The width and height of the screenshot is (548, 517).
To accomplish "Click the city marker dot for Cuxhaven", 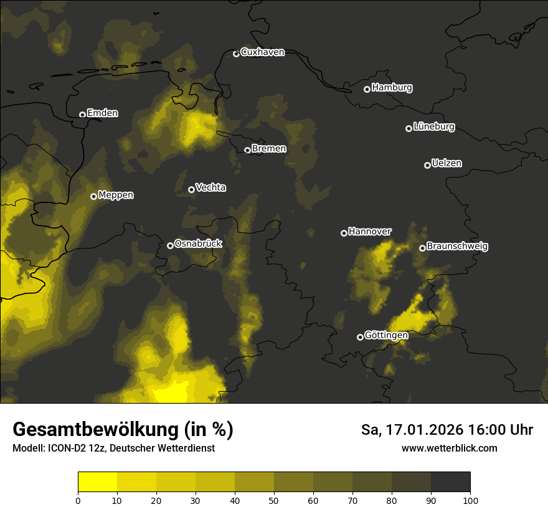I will tap(236, 54).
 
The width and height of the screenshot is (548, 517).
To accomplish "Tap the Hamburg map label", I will tap(392, 88).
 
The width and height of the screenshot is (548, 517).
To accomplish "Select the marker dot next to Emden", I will tap(82, 115).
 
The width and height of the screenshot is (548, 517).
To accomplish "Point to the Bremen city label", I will tap(269, 149).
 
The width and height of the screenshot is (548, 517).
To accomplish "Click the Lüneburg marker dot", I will tap(409, 128).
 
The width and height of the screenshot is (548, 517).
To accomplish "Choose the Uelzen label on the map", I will tap(446, 163).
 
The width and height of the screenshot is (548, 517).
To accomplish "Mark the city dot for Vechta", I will tap(191, 189).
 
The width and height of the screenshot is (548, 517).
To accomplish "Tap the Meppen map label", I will tap(116, 195).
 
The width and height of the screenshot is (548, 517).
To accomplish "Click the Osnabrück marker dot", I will tap(170, 245).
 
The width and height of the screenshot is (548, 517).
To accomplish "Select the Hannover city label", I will tap(370, 232).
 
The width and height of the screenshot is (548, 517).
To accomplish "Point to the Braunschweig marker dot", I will tap(422, 248).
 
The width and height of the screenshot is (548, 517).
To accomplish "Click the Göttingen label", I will tap(386, 336).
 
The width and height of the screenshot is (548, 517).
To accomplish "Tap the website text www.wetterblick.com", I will tap(450, 448).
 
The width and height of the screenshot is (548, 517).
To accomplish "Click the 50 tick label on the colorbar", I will tap(274, 500).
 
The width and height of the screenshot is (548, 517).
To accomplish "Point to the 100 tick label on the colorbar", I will tap(470, 500).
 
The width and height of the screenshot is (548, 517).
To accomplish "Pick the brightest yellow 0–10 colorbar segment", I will tap(98, 482).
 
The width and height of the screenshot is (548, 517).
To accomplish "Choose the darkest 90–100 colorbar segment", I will tap(450, 482).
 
